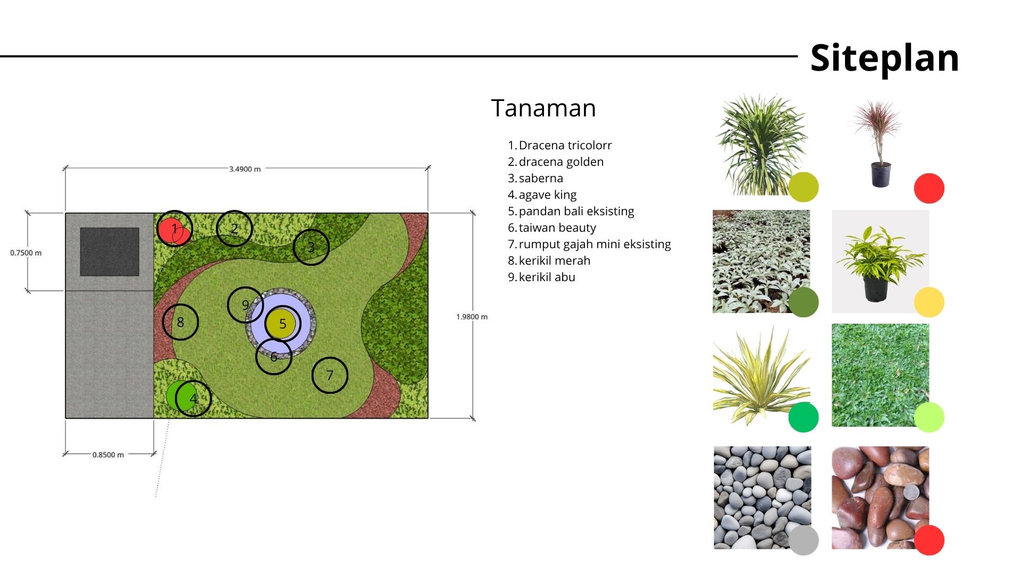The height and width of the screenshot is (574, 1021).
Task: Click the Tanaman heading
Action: click(543, 108)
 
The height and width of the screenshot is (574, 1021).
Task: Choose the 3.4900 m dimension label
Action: click(245, 169)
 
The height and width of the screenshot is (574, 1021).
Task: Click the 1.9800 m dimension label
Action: click(472, 317)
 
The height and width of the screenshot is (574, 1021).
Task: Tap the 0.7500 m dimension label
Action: click(26, 253)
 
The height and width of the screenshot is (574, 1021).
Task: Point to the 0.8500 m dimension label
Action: click(108, 455)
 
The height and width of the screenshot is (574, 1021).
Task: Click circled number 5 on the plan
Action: click(282, 323)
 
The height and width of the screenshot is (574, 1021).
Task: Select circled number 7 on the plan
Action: click(330, 375)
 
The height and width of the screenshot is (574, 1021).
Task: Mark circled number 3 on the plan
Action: click(311, 247)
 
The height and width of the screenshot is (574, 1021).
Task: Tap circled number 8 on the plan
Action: click(180, 322)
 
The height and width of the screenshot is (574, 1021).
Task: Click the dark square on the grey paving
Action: click(110, 252)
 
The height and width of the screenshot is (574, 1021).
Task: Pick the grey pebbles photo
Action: click(763, 497)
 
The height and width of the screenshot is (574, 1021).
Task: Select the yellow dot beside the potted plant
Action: click(929, 302)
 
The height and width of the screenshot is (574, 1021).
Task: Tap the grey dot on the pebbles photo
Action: click(804, 540)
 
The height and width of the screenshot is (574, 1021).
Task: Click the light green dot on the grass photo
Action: click(929, 417)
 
